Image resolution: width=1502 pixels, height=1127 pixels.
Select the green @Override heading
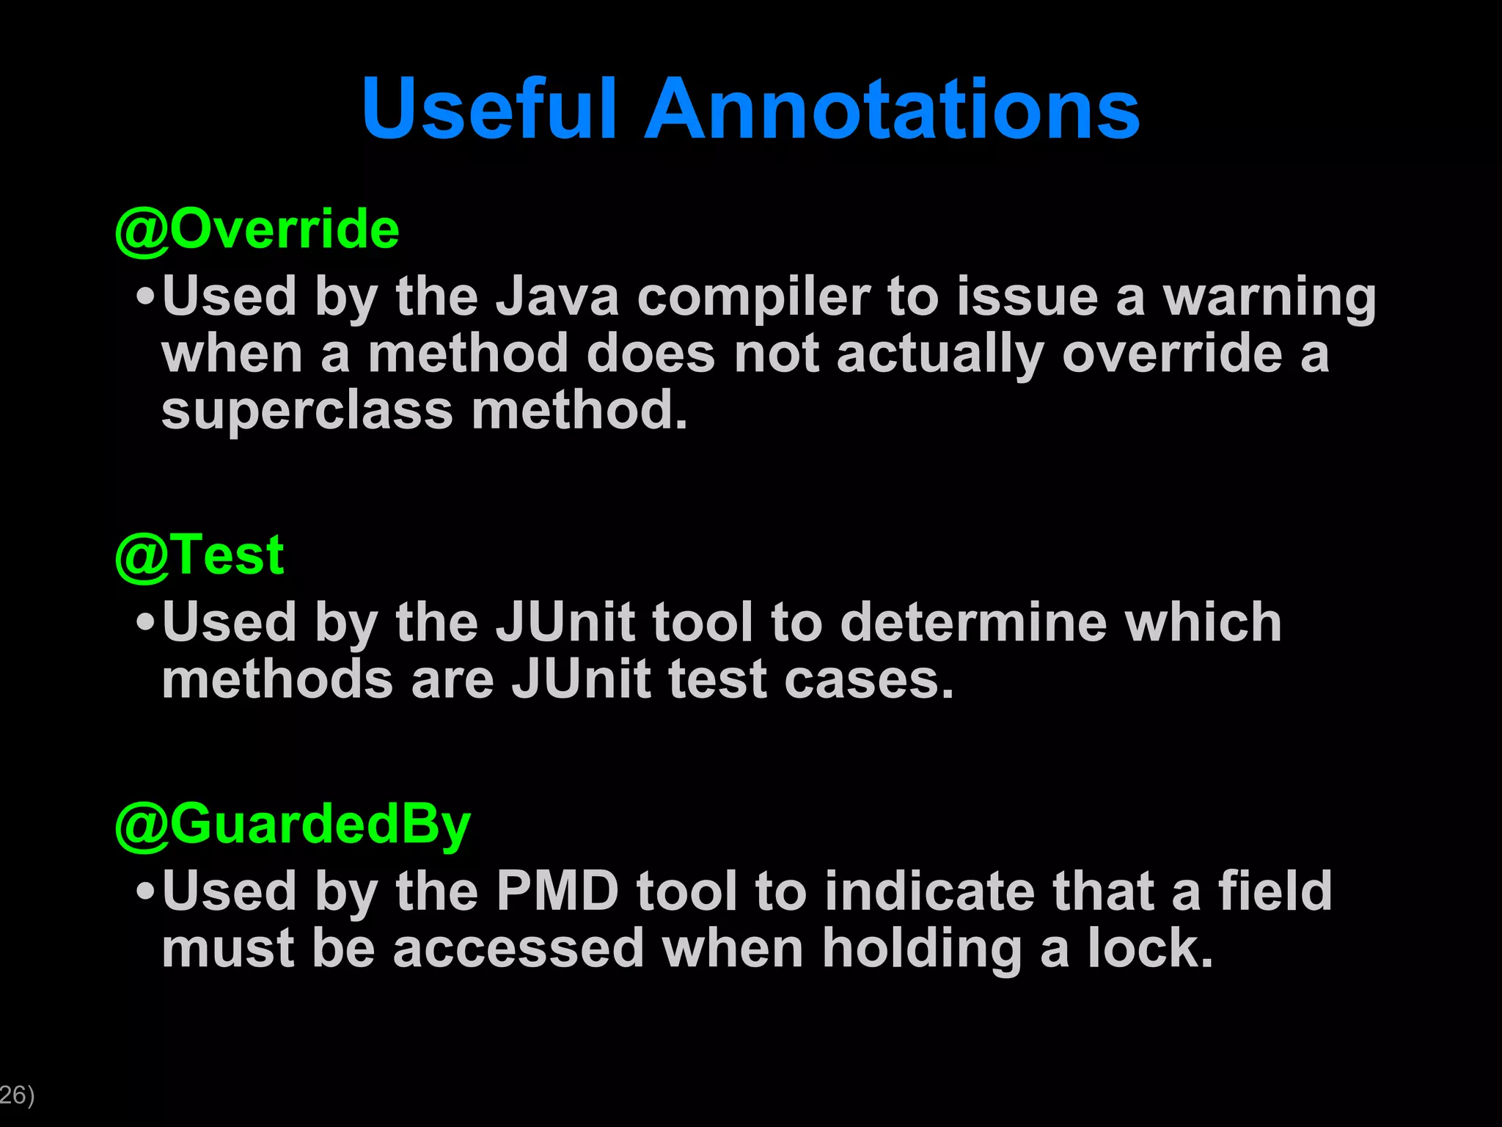coord(257,229)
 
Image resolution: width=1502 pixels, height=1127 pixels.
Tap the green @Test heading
coord(199,555)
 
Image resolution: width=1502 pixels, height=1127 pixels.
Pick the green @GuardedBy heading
coord(293,825)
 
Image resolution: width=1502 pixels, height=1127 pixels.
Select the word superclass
coord(307,411)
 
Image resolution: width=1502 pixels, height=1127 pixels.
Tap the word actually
coord(940,355)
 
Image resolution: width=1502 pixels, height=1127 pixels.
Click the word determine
coord(972,622)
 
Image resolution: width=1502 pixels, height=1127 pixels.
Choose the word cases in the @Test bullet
coord(868,679)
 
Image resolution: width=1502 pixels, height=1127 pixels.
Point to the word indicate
coord(930,891)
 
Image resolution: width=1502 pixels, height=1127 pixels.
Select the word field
coord(1275,891)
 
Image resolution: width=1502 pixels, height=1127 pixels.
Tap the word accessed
coord(518,948)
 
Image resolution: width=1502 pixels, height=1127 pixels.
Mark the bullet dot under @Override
coord(146,298)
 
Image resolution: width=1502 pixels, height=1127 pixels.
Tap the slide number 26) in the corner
coord(17,1095)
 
